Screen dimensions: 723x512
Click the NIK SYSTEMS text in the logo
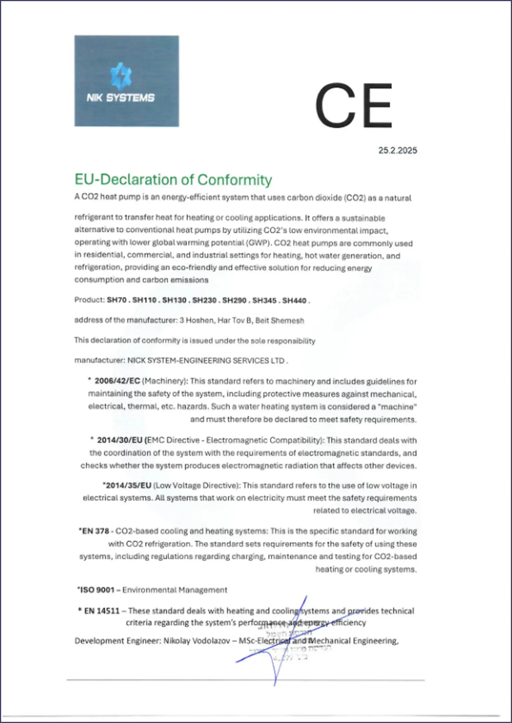[x=121, y=98]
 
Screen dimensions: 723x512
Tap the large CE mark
[x=353, y=106]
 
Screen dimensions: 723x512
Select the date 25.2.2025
[x=398, y=151]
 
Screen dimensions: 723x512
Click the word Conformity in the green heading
[x=235, y=180]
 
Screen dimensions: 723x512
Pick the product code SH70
[x=117, y=300]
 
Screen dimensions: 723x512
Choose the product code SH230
[x=204, y=300]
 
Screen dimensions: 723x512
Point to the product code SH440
[x=294, y=300]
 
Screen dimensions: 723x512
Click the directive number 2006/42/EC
[x=117, y=381]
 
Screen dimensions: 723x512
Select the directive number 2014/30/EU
[x=120, y=440]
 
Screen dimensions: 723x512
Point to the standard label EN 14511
[x=102, y=611]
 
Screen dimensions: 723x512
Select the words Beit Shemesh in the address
[x=280, y=321]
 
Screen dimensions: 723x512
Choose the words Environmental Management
[x=175, y=590]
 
